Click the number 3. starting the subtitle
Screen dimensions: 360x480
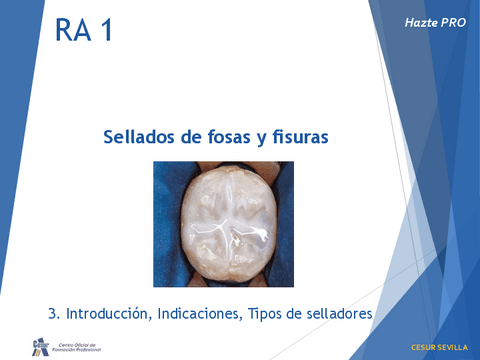53,313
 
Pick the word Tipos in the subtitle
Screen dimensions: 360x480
262,313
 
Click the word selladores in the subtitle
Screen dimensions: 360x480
337,313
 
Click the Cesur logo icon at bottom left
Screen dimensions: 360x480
40,345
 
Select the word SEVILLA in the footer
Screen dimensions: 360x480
451,347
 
